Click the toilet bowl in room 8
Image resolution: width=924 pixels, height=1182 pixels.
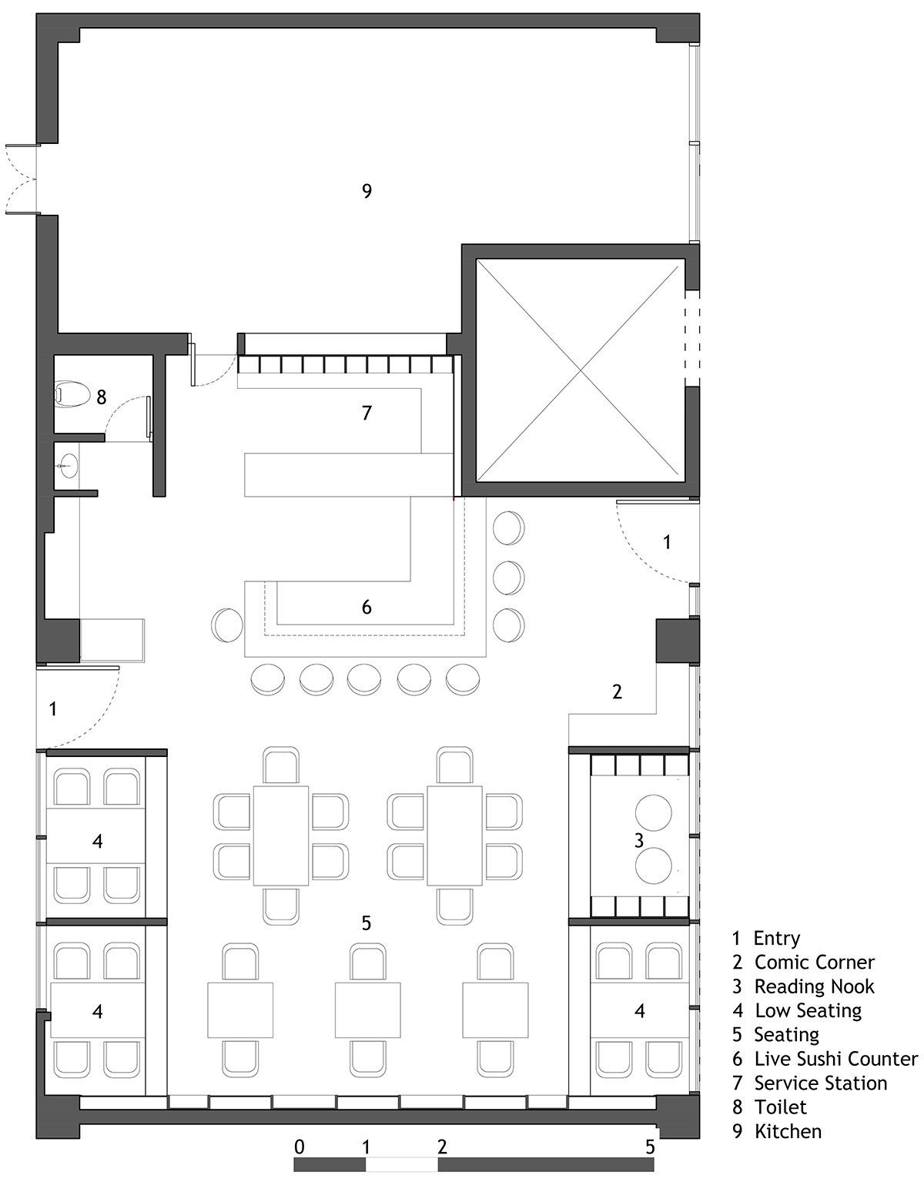[72, 393]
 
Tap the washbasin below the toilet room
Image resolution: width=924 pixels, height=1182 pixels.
[68, 466]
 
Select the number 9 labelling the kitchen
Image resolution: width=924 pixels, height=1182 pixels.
[367, 191]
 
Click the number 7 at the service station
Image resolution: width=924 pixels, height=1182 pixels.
[367, 413]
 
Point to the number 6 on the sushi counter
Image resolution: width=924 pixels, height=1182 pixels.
[367, 607]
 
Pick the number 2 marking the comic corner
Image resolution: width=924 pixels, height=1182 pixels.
[617, 692]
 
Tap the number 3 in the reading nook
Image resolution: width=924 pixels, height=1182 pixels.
[639, 840]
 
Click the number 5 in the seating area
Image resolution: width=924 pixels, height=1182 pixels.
[367, 922]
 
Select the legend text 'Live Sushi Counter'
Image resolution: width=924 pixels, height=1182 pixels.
[836, 1059]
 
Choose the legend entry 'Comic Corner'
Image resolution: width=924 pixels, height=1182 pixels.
[814, 963]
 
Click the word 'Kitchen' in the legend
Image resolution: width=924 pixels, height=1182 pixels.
[788, 1131]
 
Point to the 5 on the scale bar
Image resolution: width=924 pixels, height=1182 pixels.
[650, 1147]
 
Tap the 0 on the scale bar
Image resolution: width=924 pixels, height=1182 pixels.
[299, 1147]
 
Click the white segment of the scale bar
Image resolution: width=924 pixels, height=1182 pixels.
[401, 1161]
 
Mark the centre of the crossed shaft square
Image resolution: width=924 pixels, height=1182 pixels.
[581, 370]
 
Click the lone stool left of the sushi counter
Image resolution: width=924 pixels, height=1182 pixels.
[227, 624]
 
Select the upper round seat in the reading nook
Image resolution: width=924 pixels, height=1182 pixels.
[653, 812]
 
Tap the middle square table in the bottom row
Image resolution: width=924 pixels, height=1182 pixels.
[367, 1009]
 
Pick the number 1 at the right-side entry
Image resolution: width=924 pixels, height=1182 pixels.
[667, 542]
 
